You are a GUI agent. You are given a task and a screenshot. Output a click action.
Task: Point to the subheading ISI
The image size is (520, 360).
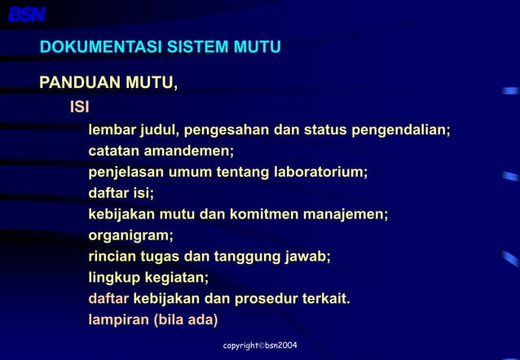pos(79,108)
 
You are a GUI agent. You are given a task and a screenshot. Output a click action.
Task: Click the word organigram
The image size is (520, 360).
pos(130,236)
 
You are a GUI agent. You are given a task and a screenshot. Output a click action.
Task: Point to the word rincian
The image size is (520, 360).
pos(114,257)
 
